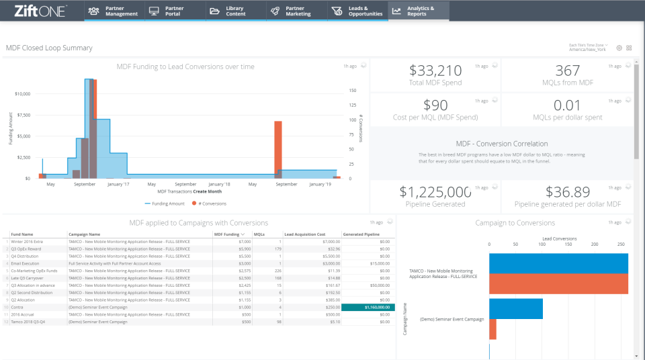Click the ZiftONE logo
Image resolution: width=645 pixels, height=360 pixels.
point(40,10)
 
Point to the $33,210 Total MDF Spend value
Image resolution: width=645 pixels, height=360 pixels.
point(435,71)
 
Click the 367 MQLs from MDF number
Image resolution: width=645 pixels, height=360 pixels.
point(567,71)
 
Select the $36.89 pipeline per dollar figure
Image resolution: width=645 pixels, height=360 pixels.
point(567,192)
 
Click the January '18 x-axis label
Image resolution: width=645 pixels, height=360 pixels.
point(219,184)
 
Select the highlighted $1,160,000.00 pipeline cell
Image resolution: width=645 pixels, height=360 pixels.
point(368,307)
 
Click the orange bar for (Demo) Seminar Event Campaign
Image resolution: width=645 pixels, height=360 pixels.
point(492,329)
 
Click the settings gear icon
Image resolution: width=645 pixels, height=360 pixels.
point(619,48)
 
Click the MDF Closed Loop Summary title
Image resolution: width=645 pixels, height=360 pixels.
point(49,48)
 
